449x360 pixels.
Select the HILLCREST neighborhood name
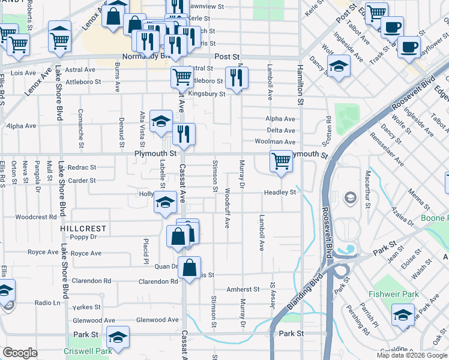coord(83,229)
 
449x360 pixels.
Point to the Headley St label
coord(281,193)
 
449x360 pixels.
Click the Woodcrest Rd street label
coord(35,217)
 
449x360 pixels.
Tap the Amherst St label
coord(243,289)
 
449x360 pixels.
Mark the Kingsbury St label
coord(206,94)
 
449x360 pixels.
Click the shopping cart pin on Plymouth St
coord(281,161)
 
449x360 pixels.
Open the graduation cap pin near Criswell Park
coord(118,338)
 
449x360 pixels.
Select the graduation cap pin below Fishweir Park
coord(402,315)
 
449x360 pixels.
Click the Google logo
coord(20,353)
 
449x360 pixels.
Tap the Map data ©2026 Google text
coord(411,355)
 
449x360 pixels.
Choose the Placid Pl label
coord(145,250)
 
